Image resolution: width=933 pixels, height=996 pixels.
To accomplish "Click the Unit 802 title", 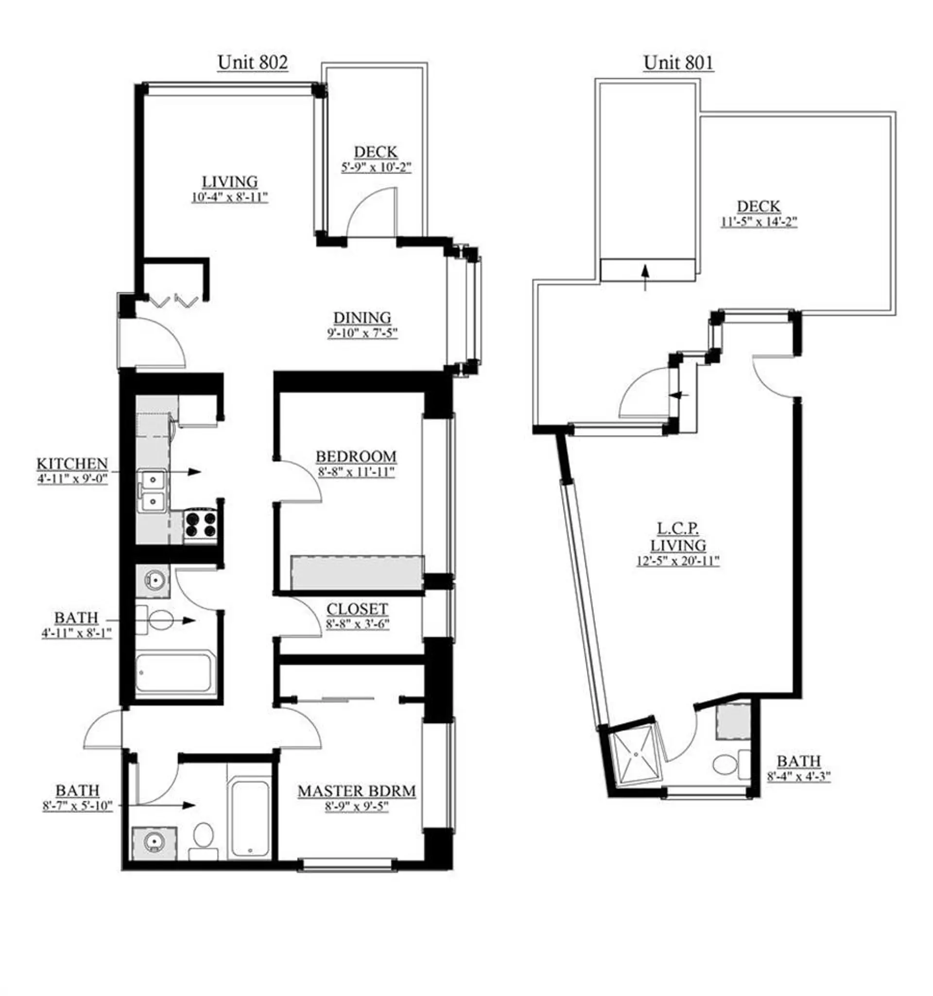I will tap(252, 62).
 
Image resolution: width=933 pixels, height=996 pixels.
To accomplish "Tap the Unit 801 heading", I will tap(677, 62).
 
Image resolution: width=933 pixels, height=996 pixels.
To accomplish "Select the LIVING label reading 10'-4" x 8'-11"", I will tap(229, 189).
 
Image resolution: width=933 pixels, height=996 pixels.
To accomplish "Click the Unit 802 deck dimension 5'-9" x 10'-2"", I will tap(376, 167).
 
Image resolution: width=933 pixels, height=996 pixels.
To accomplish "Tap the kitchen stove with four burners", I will tap(200, 524).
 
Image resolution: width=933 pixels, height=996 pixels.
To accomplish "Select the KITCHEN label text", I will tap(72, 464).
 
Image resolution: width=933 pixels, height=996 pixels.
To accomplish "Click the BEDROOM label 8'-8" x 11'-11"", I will tap(355, 464).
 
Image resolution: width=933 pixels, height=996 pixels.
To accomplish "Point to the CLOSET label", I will tap(357, 609).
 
